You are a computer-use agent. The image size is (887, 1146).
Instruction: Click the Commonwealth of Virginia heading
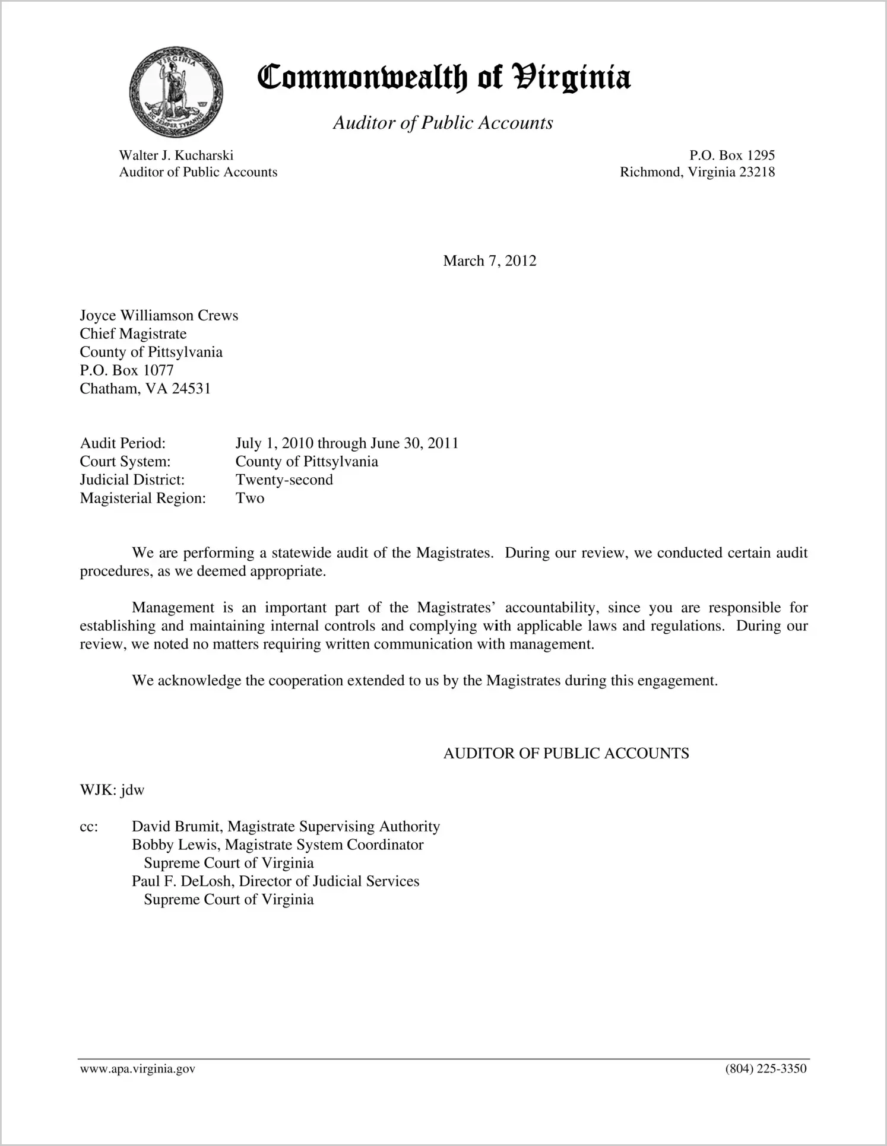pyautogui.click(x=444, y=78)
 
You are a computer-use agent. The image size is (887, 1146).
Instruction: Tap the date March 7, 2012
pyautogui.click(x=489, y=261)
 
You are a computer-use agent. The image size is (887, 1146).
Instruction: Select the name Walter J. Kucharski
pyautogui.click(x=176, y=155)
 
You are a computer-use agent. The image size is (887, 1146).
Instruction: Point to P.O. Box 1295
pyautogui.click(x=731, y=155)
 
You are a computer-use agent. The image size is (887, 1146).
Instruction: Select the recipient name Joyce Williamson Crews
pyautogui.click(x=159, y=315)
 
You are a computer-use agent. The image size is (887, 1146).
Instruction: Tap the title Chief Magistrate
pyautogui.click(x=133, y=334)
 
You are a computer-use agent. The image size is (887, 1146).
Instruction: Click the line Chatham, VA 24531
pyautogui.click(x=145, y=389)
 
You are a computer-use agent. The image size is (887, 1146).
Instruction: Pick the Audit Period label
pyautogui.click(x=123, y=443)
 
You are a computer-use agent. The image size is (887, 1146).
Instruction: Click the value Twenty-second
pyautogui.click(x=284, y=480)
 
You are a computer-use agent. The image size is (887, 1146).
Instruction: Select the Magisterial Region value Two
pyautogui.click(x=250, y=498)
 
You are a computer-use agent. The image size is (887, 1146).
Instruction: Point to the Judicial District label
pyautogui.click(x=132, y=480)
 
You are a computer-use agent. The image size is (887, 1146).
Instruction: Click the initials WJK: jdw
pyautogui.click(x=112, y=790)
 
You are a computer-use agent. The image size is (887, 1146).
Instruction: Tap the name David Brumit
pyautogui.click(x=176, y=827)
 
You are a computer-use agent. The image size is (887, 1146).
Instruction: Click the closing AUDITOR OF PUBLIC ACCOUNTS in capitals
pyautogui.click(x=566, y=754)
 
